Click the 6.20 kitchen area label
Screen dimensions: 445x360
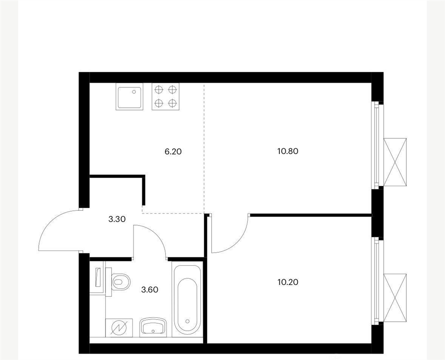pyautogui.click(x=173, y=152)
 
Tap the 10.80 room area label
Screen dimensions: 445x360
pyautogui.click(x=288, y=151)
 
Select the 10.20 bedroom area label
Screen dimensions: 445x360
pyautogui.click(x=288, y=282)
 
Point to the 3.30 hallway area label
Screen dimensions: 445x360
pyautogui.click(x=117, y=219)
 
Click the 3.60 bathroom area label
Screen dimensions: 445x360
pyautogui.click(x=149, y=290)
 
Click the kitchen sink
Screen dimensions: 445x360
pyautogui.click(x=130, y=97)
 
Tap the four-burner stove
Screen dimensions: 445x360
pyautogui.click(x=166, y=97)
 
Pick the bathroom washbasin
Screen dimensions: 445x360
pyautogui.click(x=153, y=327)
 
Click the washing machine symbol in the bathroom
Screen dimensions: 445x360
pyautogui.click(x=119, y=328)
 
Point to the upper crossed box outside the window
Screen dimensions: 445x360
pyautogui.click(x=395, y=162)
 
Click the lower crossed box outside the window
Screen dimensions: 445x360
pyautogui.click(x=395, y=297)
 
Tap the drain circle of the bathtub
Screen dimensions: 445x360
pyautogui.click(x=187, y=321)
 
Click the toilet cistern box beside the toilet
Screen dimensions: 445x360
pyautogui.click(x=97, y=280)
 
